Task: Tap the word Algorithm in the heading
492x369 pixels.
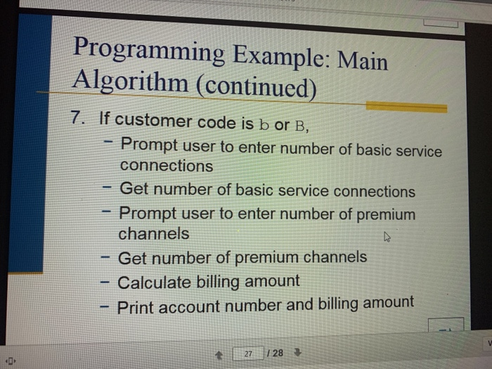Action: tap(129, 84)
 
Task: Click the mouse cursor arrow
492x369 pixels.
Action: tap(386, 238)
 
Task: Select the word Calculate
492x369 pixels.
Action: tap(153, 283)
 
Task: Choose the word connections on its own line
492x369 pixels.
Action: tap(166, 167)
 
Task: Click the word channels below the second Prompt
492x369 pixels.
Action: tap(153, 233)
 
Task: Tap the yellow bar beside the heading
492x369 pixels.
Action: tap(407, 107)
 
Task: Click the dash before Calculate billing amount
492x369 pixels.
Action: tap(104, 283)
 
